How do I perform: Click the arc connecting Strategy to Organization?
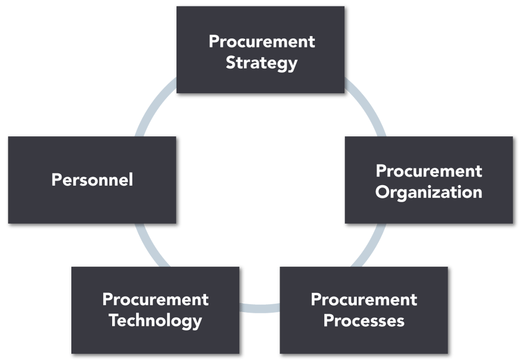click(x=368, y=107)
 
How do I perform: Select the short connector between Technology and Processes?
click(x=259, y=308)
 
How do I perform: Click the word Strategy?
click(x=261, y=63)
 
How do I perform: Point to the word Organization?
click(x=429, y=192)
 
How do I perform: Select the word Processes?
click(x=364, y=321)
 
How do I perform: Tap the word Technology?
click(x=155, y=321)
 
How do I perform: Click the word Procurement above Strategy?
click(x=262, y=41)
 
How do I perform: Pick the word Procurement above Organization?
click(x=429, y=171)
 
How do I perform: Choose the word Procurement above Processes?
click(x=364, y=299)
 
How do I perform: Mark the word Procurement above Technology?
click(x=155, y=299)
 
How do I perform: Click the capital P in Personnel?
click(x=56, y=180)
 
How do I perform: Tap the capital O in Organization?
click(x=382, y=192)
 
